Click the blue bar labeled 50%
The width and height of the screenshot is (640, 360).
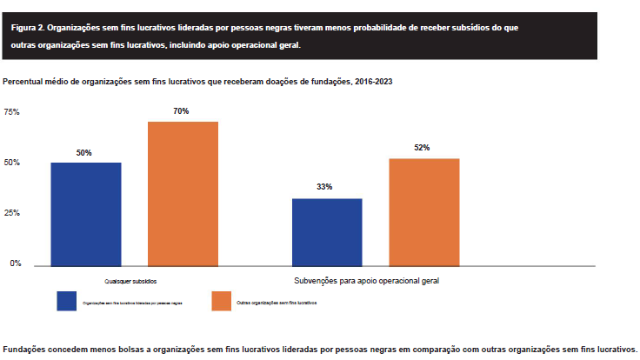click(86, 214)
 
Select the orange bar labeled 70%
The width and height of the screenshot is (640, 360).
click(183, 194)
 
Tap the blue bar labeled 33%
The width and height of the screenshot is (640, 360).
click(327, 231)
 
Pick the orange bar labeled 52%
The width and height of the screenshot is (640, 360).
click(423, 212)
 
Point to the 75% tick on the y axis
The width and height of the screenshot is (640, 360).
click(11, 112)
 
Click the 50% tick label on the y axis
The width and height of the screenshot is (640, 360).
click(11, 163)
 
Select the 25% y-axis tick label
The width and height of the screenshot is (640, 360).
click(11, 213)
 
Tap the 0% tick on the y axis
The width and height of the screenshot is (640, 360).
click(15, 263)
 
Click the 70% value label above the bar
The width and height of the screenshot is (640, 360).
click(181, 111)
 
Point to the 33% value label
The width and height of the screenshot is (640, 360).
click(325, 188)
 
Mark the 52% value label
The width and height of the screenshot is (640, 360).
click(422, 148)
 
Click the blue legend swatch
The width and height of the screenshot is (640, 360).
click(68, 301)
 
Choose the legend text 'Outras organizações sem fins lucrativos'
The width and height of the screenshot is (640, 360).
click(277, 302)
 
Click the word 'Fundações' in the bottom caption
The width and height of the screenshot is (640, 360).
click(26, 348)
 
